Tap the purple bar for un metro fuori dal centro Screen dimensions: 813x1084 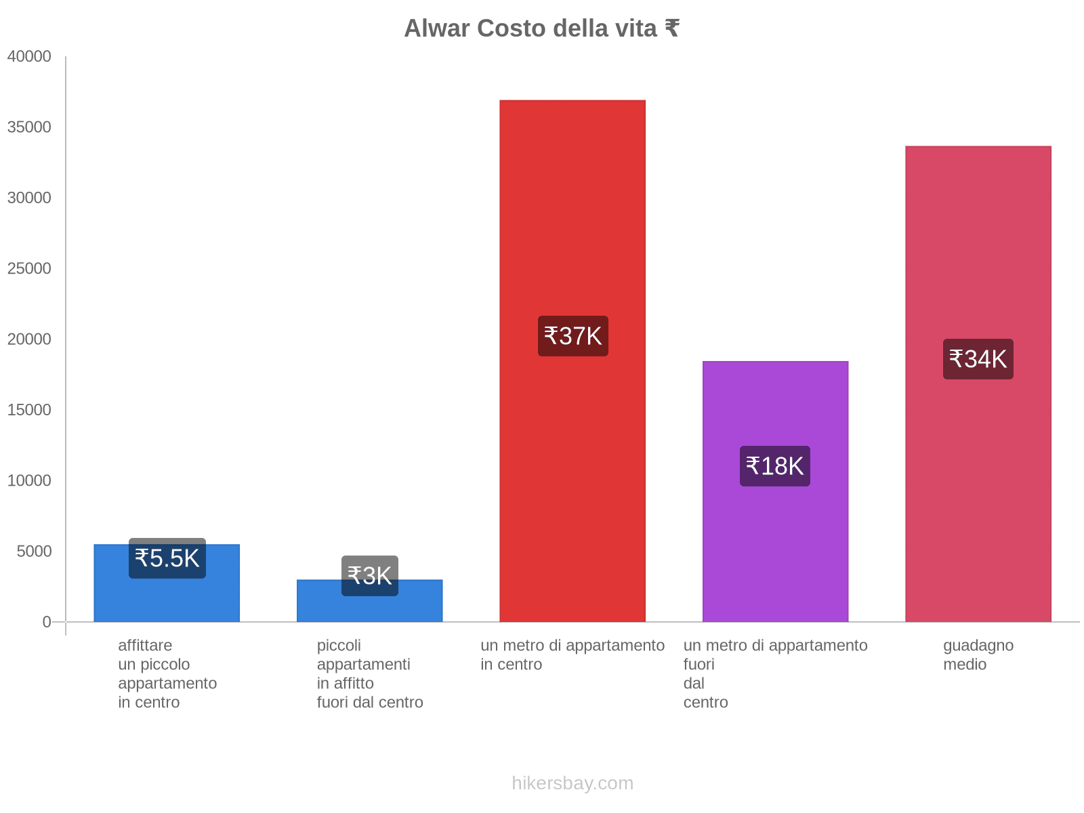coord(775,542)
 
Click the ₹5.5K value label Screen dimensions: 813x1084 coord(167,558)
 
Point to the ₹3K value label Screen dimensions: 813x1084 coord(370,576)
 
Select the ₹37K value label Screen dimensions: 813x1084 coord(573,336)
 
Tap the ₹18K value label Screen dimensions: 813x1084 coord(775,466)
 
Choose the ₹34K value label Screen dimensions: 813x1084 coord(978,359)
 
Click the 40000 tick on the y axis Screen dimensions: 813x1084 coord(30,56)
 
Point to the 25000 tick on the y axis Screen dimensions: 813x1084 coord(30,268)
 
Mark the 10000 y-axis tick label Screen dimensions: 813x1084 coord(30,480)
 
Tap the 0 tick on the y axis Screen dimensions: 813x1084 coord(47,622)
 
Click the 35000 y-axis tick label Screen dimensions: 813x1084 coord(30,127)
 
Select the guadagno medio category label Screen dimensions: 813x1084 coord(978,654)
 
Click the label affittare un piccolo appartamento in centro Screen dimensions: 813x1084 coord(167,673)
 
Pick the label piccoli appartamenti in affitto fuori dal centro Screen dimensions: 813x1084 coord(370,673)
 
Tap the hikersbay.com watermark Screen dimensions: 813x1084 coord(572,783)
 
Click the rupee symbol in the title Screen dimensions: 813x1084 coord(671,28)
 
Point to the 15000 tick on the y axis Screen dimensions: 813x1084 coord(30,410)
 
